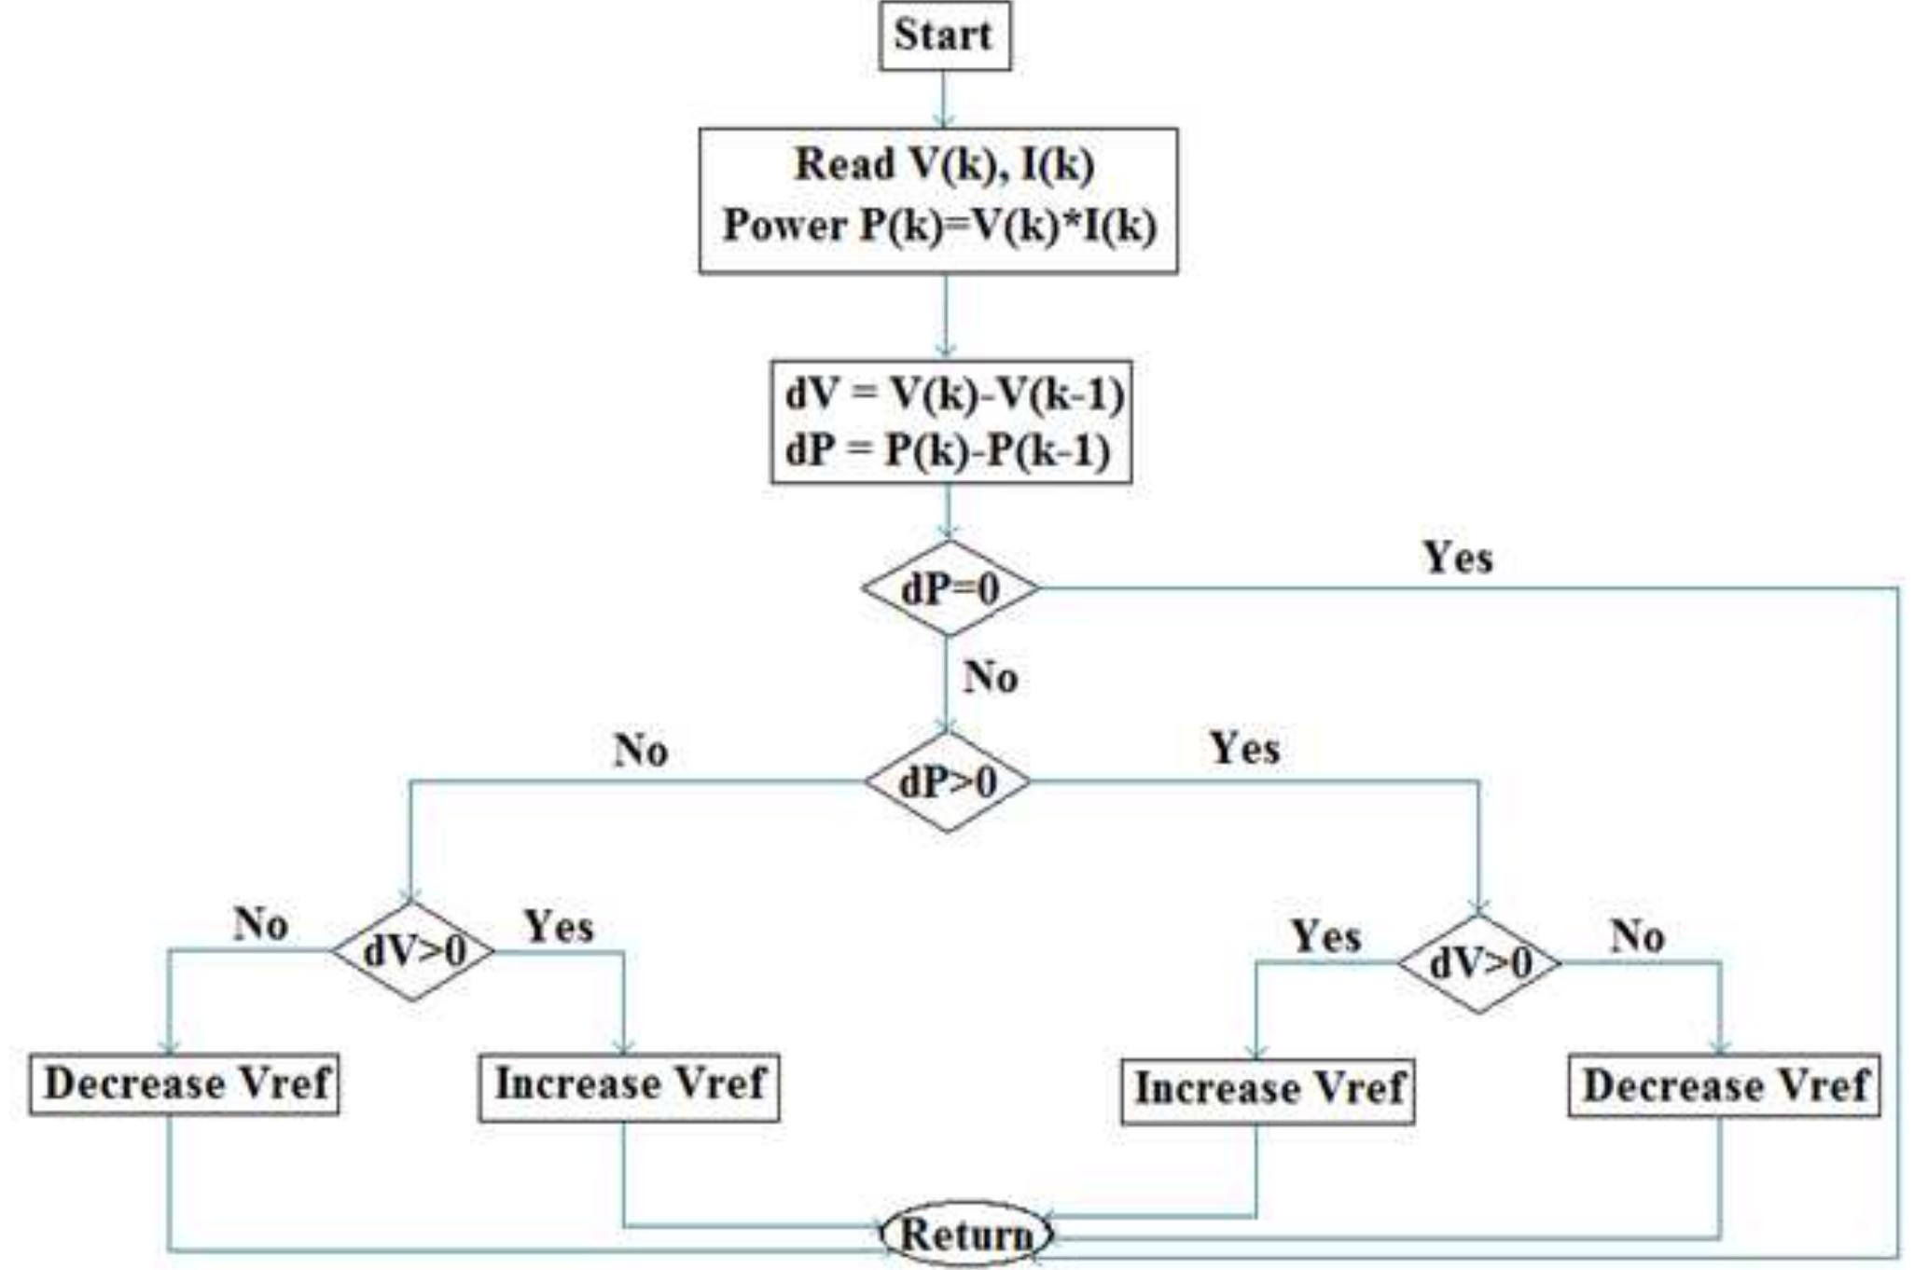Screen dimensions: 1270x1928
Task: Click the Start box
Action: coord(944,36)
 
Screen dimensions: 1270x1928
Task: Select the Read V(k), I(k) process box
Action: coord(937,200)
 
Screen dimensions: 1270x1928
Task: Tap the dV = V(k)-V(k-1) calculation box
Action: coord(950,421)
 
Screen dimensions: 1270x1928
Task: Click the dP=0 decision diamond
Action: coord(950,588)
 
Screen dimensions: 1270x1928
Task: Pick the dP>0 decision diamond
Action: coord(948,781)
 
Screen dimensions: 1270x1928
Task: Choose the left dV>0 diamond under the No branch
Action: coord(413,951)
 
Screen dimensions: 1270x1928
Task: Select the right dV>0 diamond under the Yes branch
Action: coord(1479,963)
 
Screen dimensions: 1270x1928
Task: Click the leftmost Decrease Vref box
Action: coord(185,1084)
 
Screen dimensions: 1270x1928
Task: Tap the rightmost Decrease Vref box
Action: coord(1724,1086)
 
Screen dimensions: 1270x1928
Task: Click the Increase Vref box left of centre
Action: coord(630,1086)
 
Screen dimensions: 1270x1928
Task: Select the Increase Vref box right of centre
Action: coord(1267,1090)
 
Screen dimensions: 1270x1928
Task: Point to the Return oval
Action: coord(967,1235)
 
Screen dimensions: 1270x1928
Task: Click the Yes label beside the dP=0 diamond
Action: coord(1457,559)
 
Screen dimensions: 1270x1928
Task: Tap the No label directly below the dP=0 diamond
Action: coord(990,677)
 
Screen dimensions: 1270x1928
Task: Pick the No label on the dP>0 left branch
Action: coord(641,751)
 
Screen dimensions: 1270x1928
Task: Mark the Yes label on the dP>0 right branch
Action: coord(1244,749)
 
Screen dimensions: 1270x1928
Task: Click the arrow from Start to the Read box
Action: coord(944,99)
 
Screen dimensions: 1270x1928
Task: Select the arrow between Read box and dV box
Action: coord(946,316)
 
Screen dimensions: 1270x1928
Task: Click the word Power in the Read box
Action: coord(784,226)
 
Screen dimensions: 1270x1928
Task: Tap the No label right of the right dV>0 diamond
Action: coord(1638,936)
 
